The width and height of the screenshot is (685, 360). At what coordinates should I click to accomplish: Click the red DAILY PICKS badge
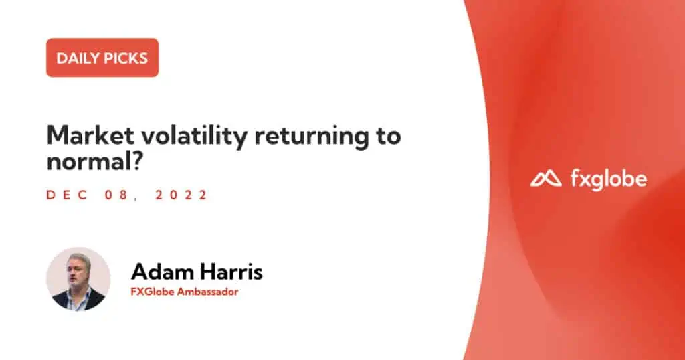pos(102,58)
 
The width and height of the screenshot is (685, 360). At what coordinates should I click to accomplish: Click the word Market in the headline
pos(90,135)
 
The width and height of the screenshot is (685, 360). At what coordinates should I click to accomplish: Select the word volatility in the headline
pos(195,136)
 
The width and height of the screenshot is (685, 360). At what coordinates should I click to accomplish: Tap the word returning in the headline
pos(312,137)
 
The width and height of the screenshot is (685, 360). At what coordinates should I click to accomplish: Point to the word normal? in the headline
pos(95,161)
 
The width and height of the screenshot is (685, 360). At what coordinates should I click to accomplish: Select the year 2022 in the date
pos(181,195)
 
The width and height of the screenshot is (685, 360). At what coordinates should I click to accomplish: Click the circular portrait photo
pos(78,279)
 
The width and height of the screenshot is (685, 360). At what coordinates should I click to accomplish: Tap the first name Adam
pos(162,272)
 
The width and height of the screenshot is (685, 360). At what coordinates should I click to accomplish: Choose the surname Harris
pos(231,272)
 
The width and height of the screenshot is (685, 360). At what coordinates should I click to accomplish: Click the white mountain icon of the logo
pos(546,179)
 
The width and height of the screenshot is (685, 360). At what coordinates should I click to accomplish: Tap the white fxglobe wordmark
pos(609,179)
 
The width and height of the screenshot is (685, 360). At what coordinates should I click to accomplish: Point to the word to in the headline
pos(389,136)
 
